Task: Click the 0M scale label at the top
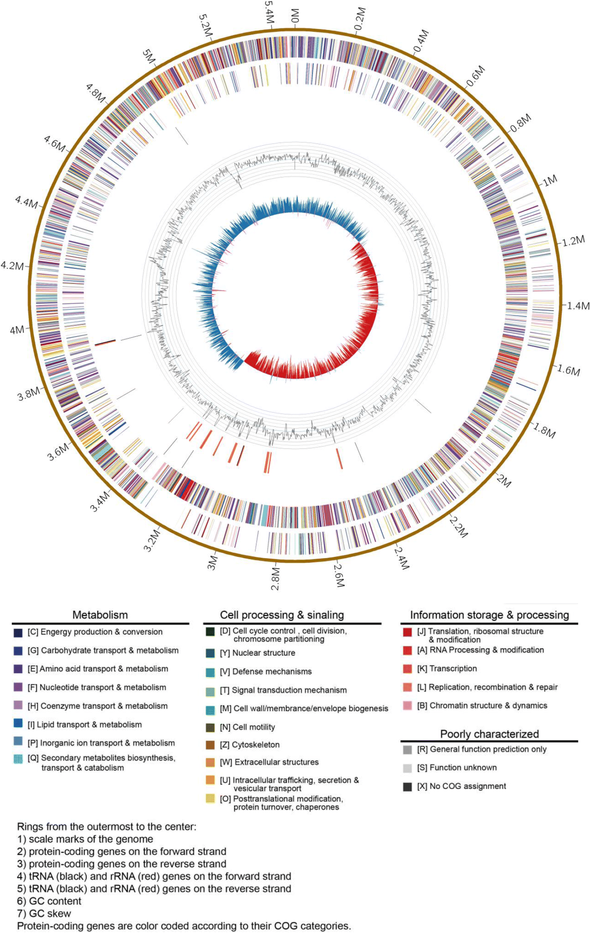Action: click(x=295, y=15)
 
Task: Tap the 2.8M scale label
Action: click(x=275, y=579)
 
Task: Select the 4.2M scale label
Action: click(x=12, y=266)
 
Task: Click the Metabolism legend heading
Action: click(x=100, y=615)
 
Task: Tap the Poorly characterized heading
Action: click(x=489, y=734)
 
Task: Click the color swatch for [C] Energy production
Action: click(x=17, y=633)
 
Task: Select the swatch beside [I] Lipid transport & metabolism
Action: click(x=17, y=725)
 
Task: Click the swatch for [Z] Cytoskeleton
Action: click(x=210, y=745)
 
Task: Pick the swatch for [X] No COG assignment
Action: click(x=407, y=786)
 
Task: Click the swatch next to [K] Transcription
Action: click(x=407, y=669)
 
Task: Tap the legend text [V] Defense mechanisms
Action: click(x=266, y=672)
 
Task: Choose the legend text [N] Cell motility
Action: click(x=247, y=727)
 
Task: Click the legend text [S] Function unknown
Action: click(x=457, y=767)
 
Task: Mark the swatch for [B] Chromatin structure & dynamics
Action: click(x=407, y=706)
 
